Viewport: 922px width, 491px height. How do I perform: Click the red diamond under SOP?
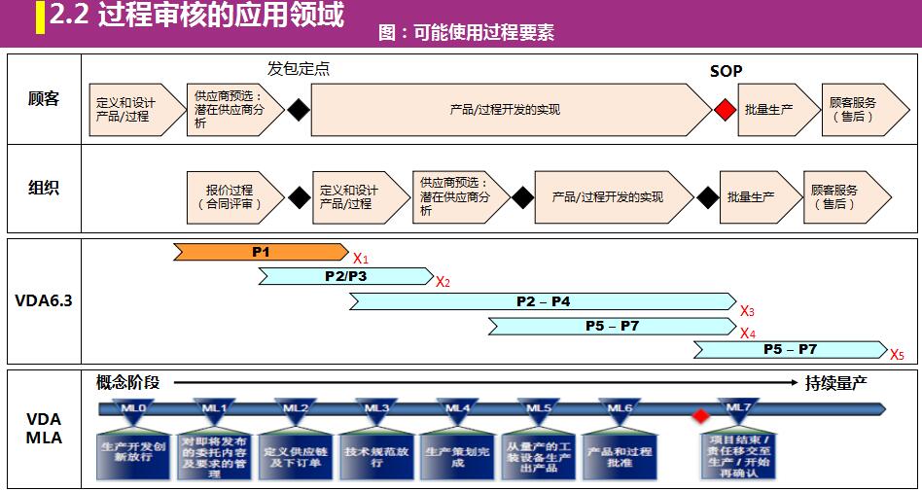tap(724, 110)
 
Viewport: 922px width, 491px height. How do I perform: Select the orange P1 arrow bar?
tap(260, 252)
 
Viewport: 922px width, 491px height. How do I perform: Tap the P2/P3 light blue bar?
tap(345, 276)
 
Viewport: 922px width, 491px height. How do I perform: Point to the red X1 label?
tap(360, 259)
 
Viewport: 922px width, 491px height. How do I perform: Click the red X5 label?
tap(896, 354)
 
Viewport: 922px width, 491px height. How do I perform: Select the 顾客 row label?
tap(44, 99)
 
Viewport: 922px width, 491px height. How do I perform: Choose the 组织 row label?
tap(44, 189)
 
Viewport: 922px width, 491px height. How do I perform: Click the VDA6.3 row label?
tap(44, 300)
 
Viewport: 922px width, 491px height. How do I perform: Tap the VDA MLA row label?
tap(44, 428)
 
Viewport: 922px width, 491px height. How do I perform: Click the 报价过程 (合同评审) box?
tap(230, 196)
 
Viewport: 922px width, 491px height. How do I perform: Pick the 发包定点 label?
tap(299, 69)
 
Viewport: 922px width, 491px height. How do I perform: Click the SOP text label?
tap(726, 71)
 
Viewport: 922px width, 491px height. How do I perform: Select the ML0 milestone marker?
tap(133, 408)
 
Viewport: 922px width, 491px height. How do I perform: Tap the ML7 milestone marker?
tap(736, 408)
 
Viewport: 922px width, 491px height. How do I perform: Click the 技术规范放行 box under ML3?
tap(376, 457)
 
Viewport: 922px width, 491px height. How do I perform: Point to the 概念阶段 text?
tap(127, 382)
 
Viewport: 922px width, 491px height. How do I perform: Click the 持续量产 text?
tap(835, 383)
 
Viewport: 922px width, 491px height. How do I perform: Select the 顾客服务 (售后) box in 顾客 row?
tap(853, 110)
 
